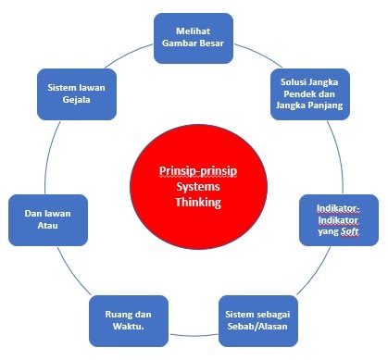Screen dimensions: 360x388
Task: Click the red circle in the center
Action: [x=191, y=185]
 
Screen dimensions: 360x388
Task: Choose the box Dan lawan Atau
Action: [x=46, y=219]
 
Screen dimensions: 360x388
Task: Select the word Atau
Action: [x=46, y=228]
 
